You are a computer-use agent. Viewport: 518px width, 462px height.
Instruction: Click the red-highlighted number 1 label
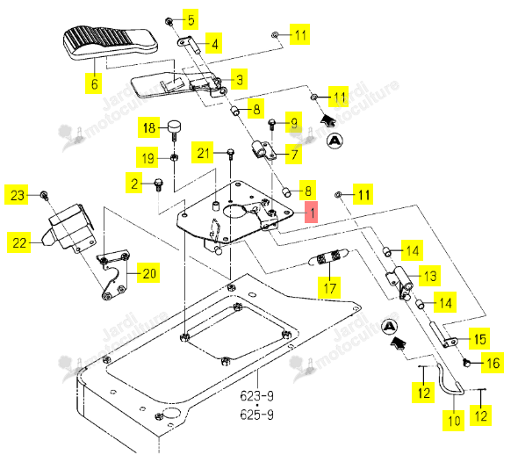tap(311, 212)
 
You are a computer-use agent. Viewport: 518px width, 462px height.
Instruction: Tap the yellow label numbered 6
tap(93, 83)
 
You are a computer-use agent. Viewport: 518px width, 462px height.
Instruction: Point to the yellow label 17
tap(329, 287)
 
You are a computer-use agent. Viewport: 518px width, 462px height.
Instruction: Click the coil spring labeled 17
tap(329, 257)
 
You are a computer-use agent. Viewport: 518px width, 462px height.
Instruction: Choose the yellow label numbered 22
tap(18, 242)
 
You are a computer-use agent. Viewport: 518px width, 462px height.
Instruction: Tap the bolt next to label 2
tap(159, 184)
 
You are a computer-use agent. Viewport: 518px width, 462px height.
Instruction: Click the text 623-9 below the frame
tap(256, 395)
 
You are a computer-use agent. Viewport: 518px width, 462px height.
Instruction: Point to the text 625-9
tap(256, 415)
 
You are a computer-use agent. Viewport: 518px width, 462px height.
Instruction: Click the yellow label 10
tap(454, 421)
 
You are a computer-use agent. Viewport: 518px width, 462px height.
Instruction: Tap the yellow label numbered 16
tap(493, 363)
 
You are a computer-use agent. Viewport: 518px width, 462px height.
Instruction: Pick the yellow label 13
tap(429, 276)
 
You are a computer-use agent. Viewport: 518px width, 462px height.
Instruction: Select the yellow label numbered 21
tap(203, 152)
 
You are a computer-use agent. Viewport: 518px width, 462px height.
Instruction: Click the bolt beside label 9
tap(271, 124)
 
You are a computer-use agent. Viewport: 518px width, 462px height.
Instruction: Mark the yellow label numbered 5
tap(191, 19)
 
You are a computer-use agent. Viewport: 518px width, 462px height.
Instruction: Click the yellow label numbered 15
tap(479, 339)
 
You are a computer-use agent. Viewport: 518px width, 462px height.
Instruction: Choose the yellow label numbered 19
tap(147, 157)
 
